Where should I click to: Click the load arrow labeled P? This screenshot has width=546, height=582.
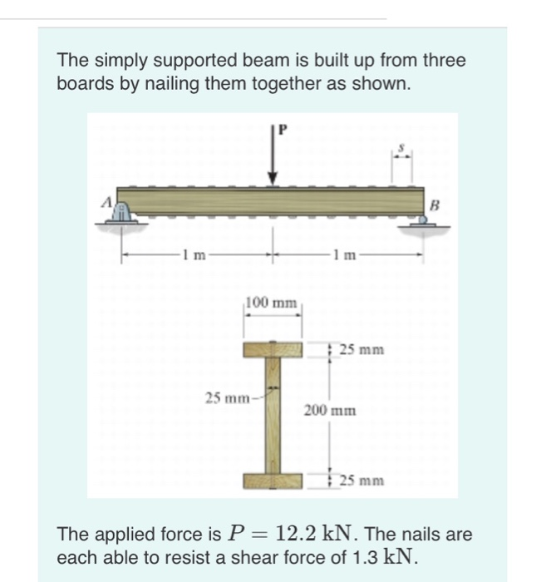(x=273, y=162)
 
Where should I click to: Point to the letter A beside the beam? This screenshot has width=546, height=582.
(x=107, y=201)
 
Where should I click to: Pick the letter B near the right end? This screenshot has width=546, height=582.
(x=432, y=205)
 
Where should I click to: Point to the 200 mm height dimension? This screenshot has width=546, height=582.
(x=329, y=411)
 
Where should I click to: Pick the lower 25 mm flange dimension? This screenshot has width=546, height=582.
(x=359, y=481)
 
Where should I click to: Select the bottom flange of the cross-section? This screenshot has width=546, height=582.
(x=273, y=481)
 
